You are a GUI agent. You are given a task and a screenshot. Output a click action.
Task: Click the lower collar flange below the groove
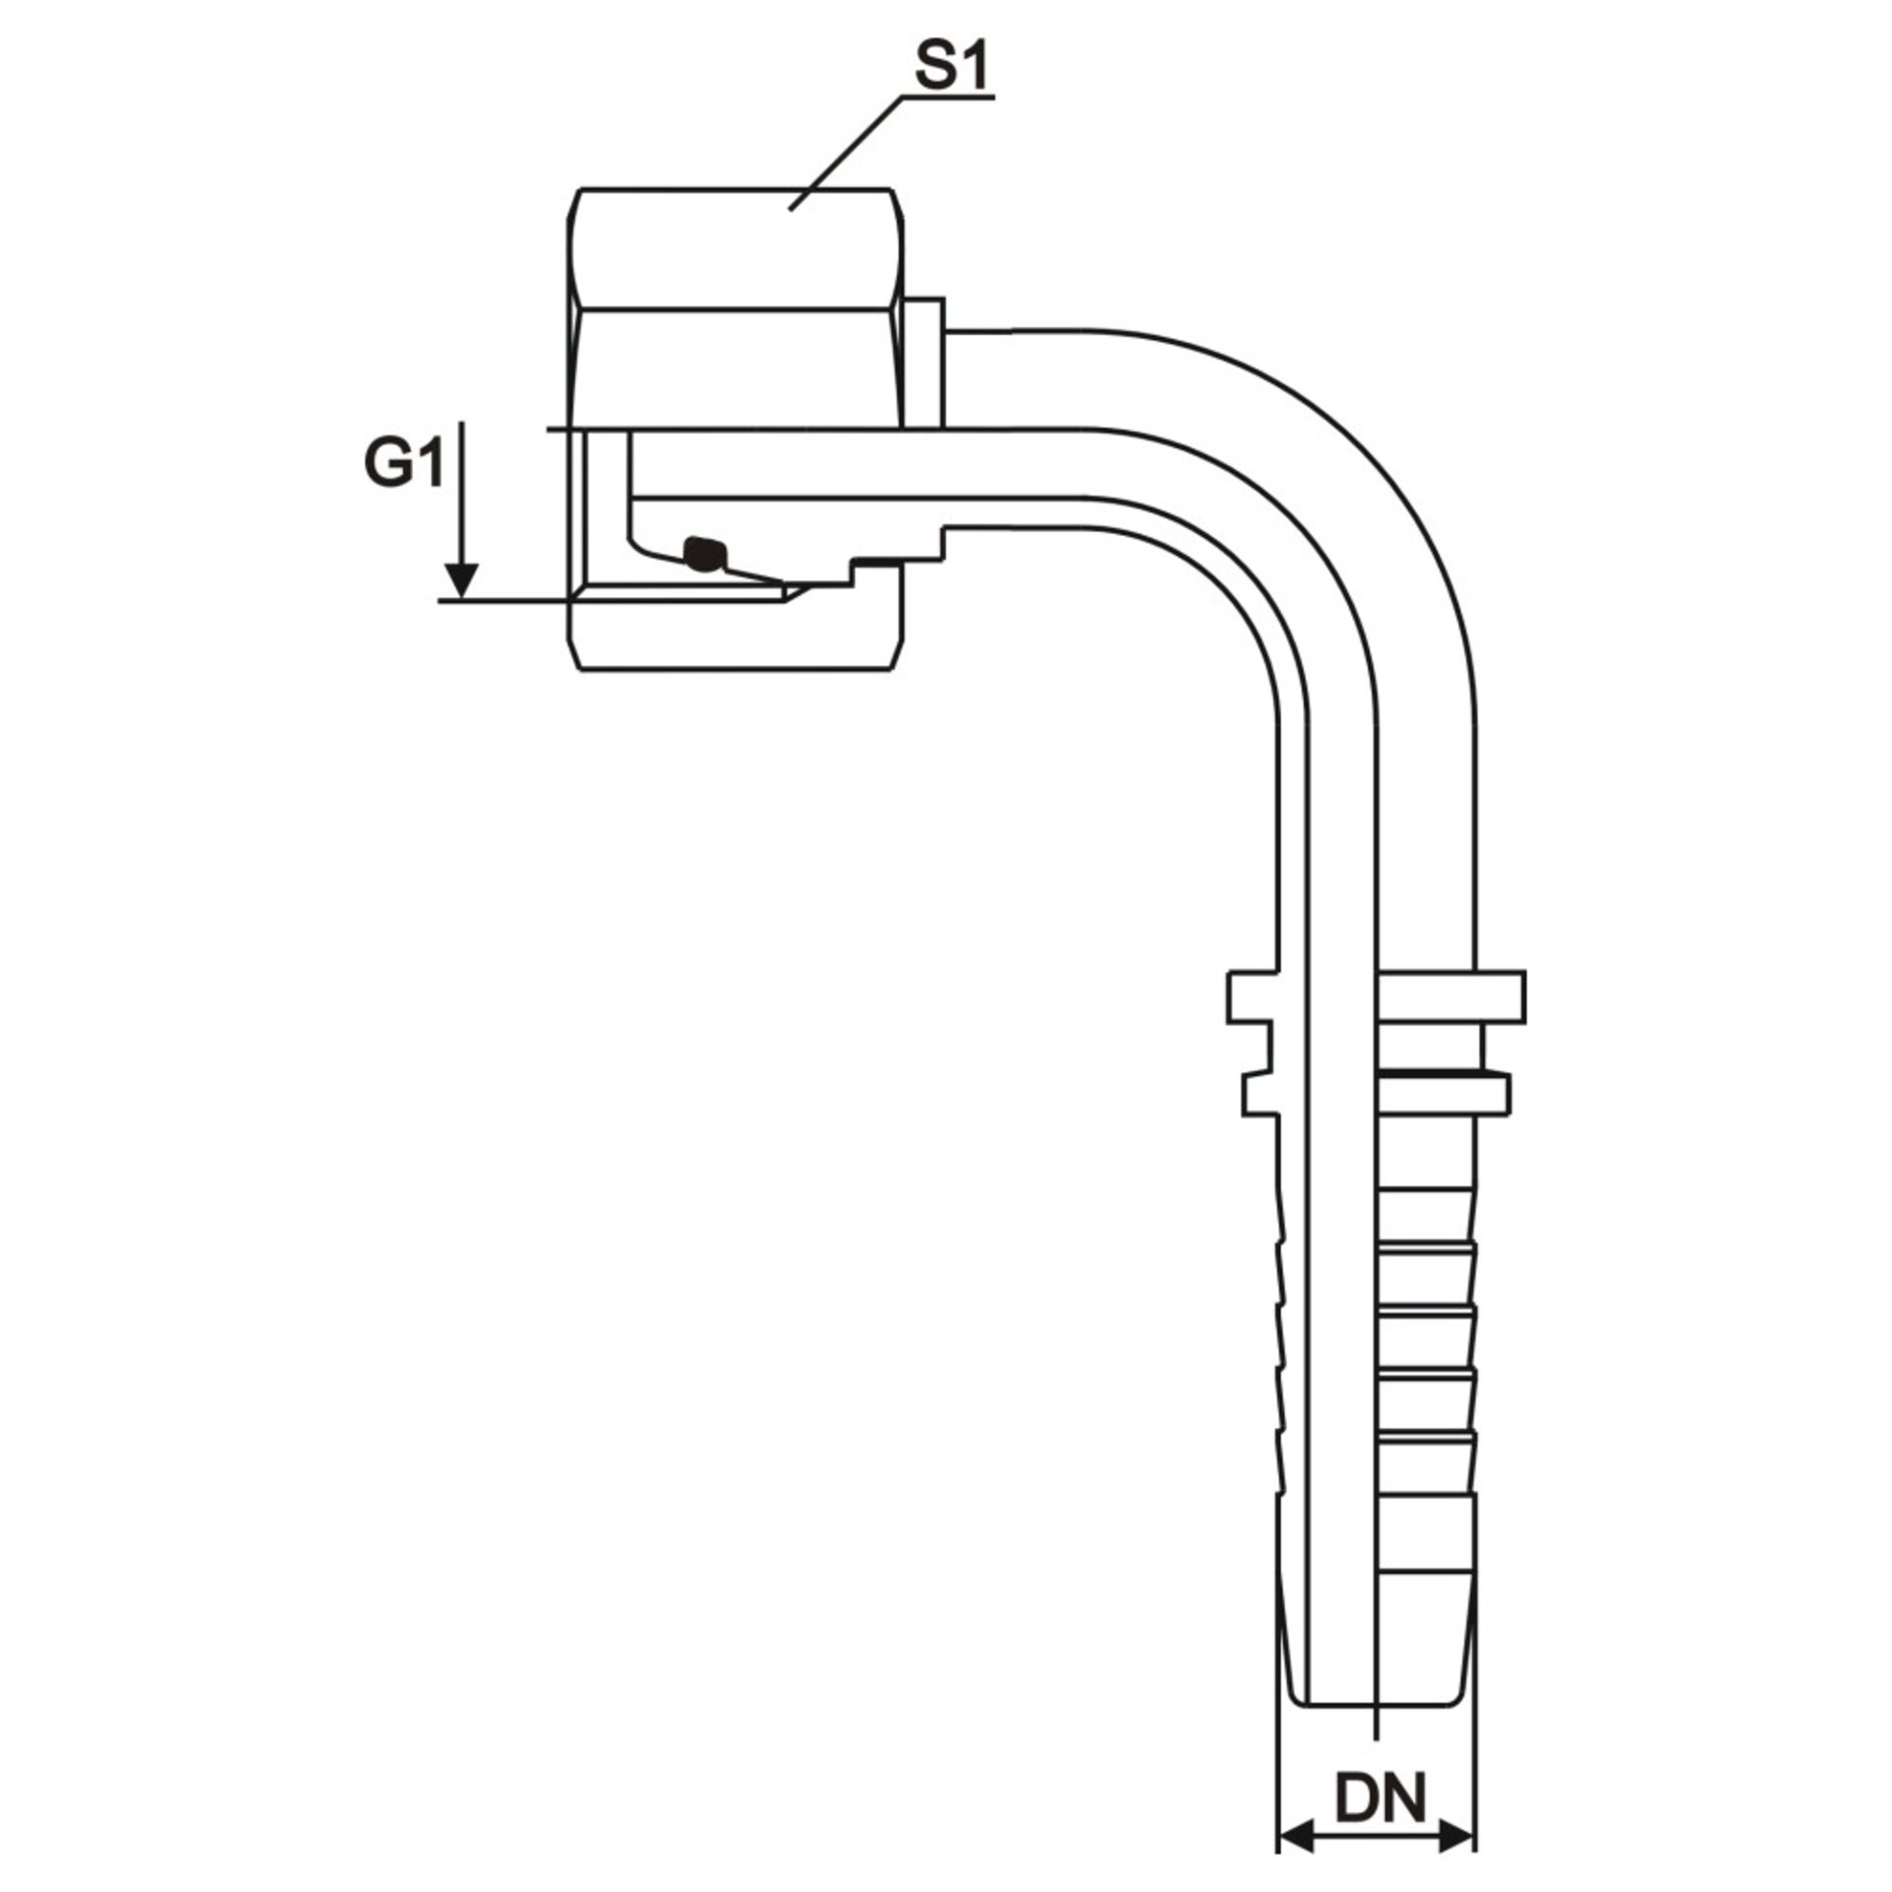click(1444, 1097)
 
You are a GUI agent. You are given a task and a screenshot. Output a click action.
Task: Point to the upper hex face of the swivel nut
click(736, 248)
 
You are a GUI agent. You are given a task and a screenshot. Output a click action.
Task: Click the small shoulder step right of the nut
click(924, 362)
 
